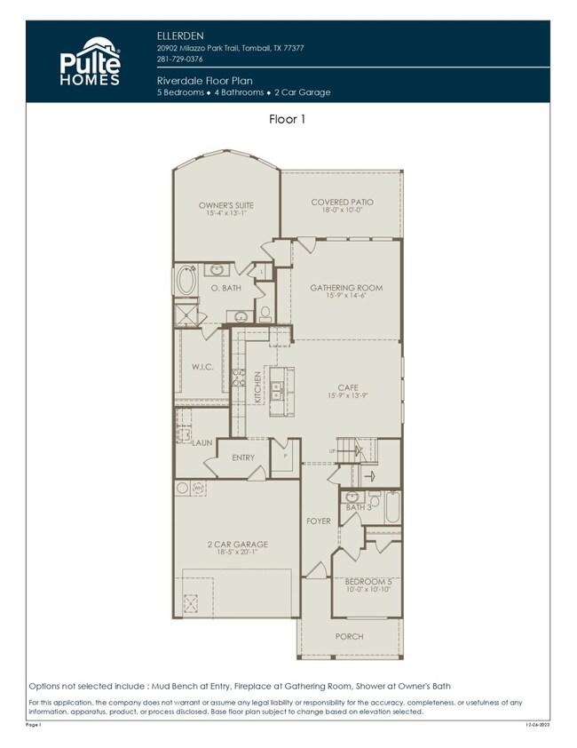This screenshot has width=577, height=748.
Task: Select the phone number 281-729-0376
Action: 178,59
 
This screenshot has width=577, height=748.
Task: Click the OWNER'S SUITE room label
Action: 225,205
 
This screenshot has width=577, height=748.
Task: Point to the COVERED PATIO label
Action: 341,203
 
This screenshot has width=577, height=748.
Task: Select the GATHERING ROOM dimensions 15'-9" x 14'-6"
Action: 345,296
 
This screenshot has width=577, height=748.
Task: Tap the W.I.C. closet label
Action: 201,365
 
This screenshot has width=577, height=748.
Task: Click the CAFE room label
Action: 346,386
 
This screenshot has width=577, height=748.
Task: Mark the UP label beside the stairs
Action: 332,451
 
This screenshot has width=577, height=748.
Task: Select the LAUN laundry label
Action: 202,442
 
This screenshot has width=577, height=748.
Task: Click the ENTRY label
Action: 243,458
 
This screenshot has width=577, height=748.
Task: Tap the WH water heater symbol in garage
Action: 198,488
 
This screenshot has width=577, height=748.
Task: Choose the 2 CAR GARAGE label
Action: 237,544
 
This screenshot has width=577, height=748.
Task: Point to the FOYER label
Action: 318,521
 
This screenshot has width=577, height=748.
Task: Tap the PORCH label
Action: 349,636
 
